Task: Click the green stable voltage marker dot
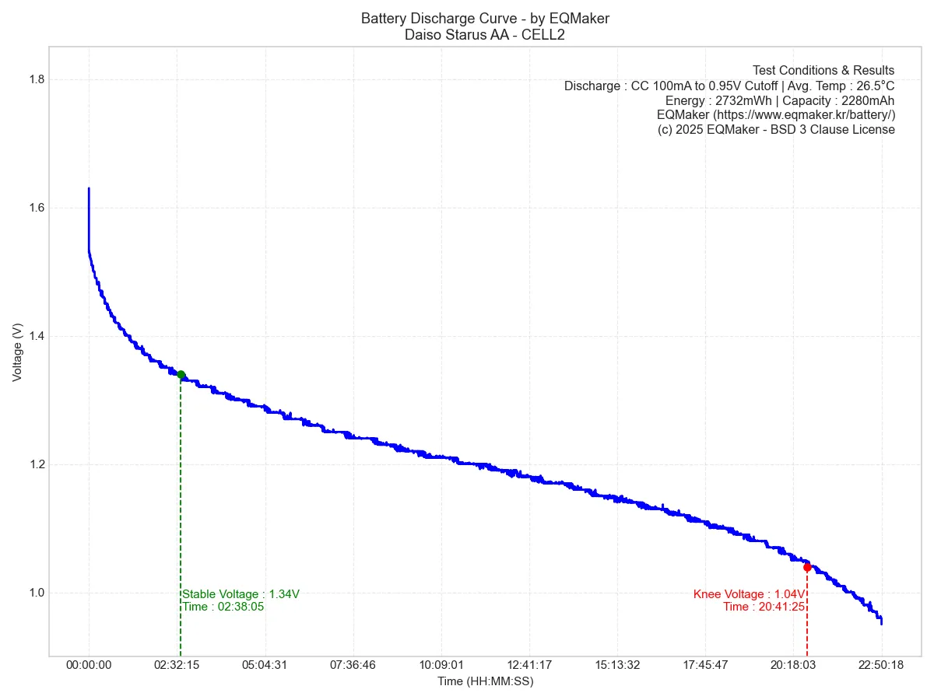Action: point(181,375)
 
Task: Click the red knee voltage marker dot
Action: point(807,567)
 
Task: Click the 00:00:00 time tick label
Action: point(89,665)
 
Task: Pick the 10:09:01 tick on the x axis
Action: point(441,665)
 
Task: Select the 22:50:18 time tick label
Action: point(881,665)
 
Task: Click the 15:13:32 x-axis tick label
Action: point(617,665)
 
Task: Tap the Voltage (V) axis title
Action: point(17,352)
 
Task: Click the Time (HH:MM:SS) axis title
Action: point(485,681)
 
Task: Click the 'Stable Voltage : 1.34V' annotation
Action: point(241,594)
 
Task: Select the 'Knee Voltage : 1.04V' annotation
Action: point(749,594)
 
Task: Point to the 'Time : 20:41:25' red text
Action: point(764,607)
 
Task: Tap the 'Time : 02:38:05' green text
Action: point(223,607)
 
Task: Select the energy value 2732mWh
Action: point(745,100)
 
